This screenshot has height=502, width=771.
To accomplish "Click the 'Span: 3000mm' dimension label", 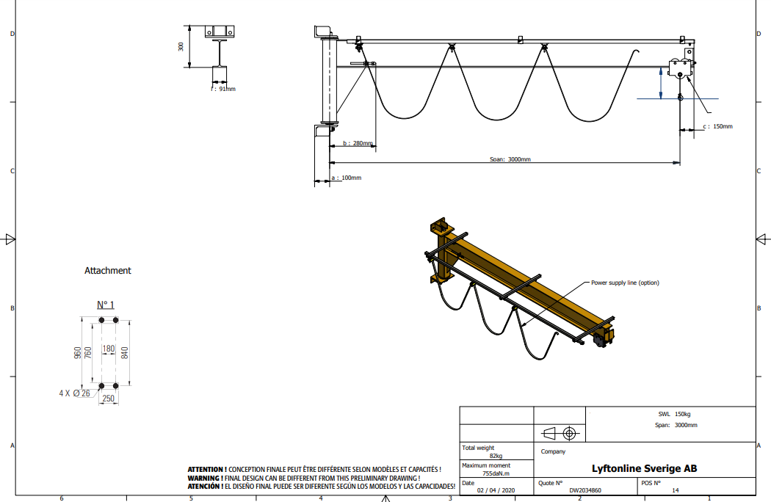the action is click(x=510, y=159).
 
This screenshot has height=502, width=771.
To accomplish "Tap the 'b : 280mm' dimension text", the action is click(x=358, y=143).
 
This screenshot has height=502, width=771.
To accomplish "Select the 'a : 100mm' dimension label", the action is click(x=346, y=178).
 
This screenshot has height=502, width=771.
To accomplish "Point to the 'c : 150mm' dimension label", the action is click(x=717, y=126).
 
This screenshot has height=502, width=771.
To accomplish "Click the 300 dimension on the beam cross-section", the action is click(x=181, y=47).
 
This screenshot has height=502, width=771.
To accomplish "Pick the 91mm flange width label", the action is click(x=224, y=89).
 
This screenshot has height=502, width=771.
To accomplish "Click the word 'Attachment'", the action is click(x=108, y=270).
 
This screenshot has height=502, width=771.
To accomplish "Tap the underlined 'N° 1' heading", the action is click(x=105, y=305).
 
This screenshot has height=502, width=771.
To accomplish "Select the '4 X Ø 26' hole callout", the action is click(x=75, y=393).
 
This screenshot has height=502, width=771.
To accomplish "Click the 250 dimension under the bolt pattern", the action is click(x=108, y=399).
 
